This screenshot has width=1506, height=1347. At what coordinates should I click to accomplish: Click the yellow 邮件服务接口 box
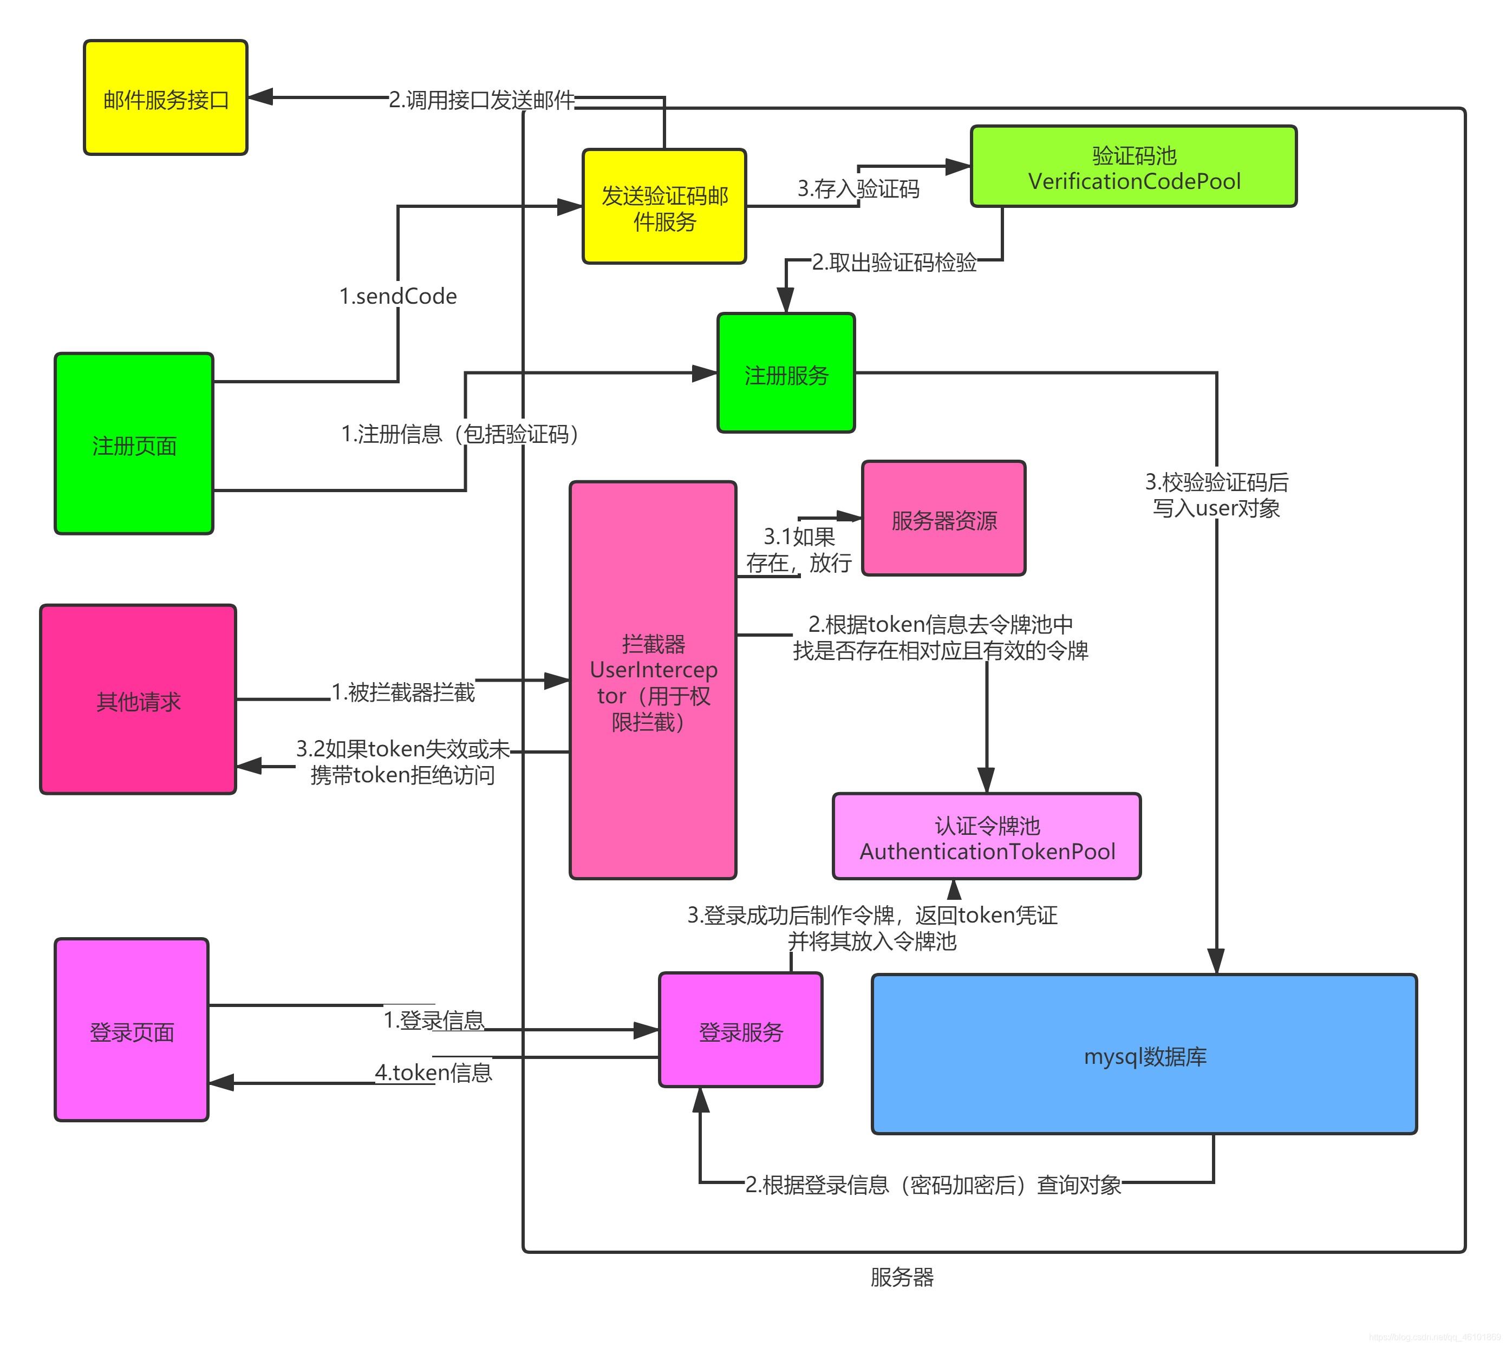click(165, 97)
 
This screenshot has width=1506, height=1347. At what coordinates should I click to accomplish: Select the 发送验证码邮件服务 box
click(664, 206)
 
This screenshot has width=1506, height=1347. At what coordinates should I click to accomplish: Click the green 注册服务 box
click(786, 373)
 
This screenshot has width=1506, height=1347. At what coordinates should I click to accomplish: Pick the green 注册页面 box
click(134, 443)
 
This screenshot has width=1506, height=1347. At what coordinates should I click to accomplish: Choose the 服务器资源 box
click(943, 518)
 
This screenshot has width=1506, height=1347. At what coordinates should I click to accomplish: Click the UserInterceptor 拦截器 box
click(653, 680)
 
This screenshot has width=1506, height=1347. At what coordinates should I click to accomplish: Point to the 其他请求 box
click(139, 699)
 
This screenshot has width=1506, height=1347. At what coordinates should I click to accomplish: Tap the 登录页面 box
click(132, 1030)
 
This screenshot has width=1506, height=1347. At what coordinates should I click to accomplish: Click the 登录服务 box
click(740, 1030)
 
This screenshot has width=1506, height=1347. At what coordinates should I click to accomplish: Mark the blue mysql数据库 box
click(1144, 1055)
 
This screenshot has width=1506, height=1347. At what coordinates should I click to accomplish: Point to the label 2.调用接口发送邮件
click(481, 100)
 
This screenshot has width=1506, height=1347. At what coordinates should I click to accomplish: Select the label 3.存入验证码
click(858, 189)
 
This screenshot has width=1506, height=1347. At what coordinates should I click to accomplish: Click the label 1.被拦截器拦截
click(403, 692)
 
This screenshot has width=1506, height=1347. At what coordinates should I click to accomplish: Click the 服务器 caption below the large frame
click(901, 1277)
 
